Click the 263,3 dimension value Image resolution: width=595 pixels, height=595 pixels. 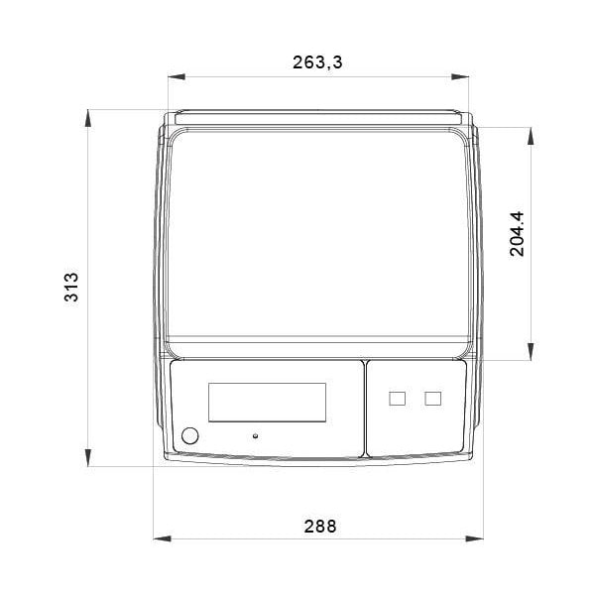[317, 62]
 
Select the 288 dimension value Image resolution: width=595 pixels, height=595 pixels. [320, 527]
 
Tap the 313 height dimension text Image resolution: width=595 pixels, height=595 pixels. [70, 287]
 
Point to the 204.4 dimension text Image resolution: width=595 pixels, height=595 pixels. [518, 233]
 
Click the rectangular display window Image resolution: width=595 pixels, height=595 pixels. [267, 402]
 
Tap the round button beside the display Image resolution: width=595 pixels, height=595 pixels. [189, 435]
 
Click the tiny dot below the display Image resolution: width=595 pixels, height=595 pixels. [255, 435]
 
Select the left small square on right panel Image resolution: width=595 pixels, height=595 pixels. [398, 399]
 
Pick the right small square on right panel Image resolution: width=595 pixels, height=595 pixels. [432, 399]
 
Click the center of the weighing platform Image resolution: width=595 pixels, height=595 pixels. [317, 238]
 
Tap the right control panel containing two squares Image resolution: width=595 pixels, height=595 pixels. [416, 408]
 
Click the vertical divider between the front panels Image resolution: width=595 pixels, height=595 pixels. [365, 409]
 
